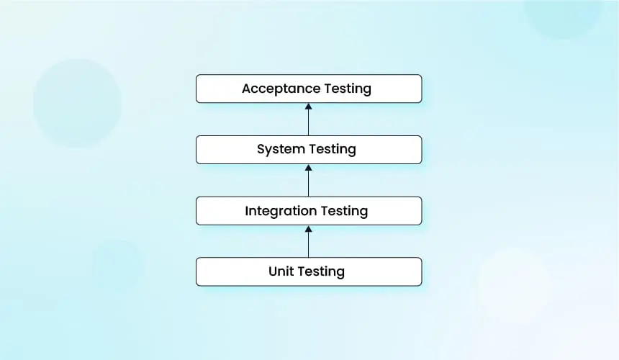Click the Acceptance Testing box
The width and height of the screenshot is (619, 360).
click(x=309, y=89)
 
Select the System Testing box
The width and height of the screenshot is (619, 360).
click(x=309, y=150)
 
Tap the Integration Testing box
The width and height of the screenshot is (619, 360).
click(x=309, y=211)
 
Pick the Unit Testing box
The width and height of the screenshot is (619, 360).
click(x=309, y=271)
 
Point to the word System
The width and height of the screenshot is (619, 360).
click(x=281, y=150)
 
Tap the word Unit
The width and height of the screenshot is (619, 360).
click(x=281, y=271)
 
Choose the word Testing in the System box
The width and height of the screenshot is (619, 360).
click(x=333, y=150)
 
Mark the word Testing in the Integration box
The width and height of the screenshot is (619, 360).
click(x=344, y=212)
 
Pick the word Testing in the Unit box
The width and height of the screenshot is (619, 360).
click(x=321, y=272)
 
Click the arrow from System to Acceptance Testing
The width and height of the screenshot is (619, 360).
click(x=309, y=120)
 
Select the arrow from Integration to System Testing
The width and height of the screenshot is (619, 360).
click(x=309, y=181)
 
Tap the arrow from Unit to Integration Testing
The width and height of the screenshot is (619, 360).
click(x=309, y=242)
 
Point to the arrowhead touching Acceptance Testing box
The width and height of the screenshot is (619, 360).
click(x=309, y=107)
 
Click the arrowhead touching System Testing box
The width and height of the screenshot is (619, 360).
click(x=309, y=168)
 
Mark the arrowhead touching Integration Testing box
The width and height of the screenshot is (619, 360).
click(x=309, y=229)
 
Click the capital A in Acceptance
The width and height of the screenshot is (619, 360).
click(x=247, y=89)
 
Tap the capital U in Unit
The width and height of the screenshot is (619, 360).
click(x=273, y=271)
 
